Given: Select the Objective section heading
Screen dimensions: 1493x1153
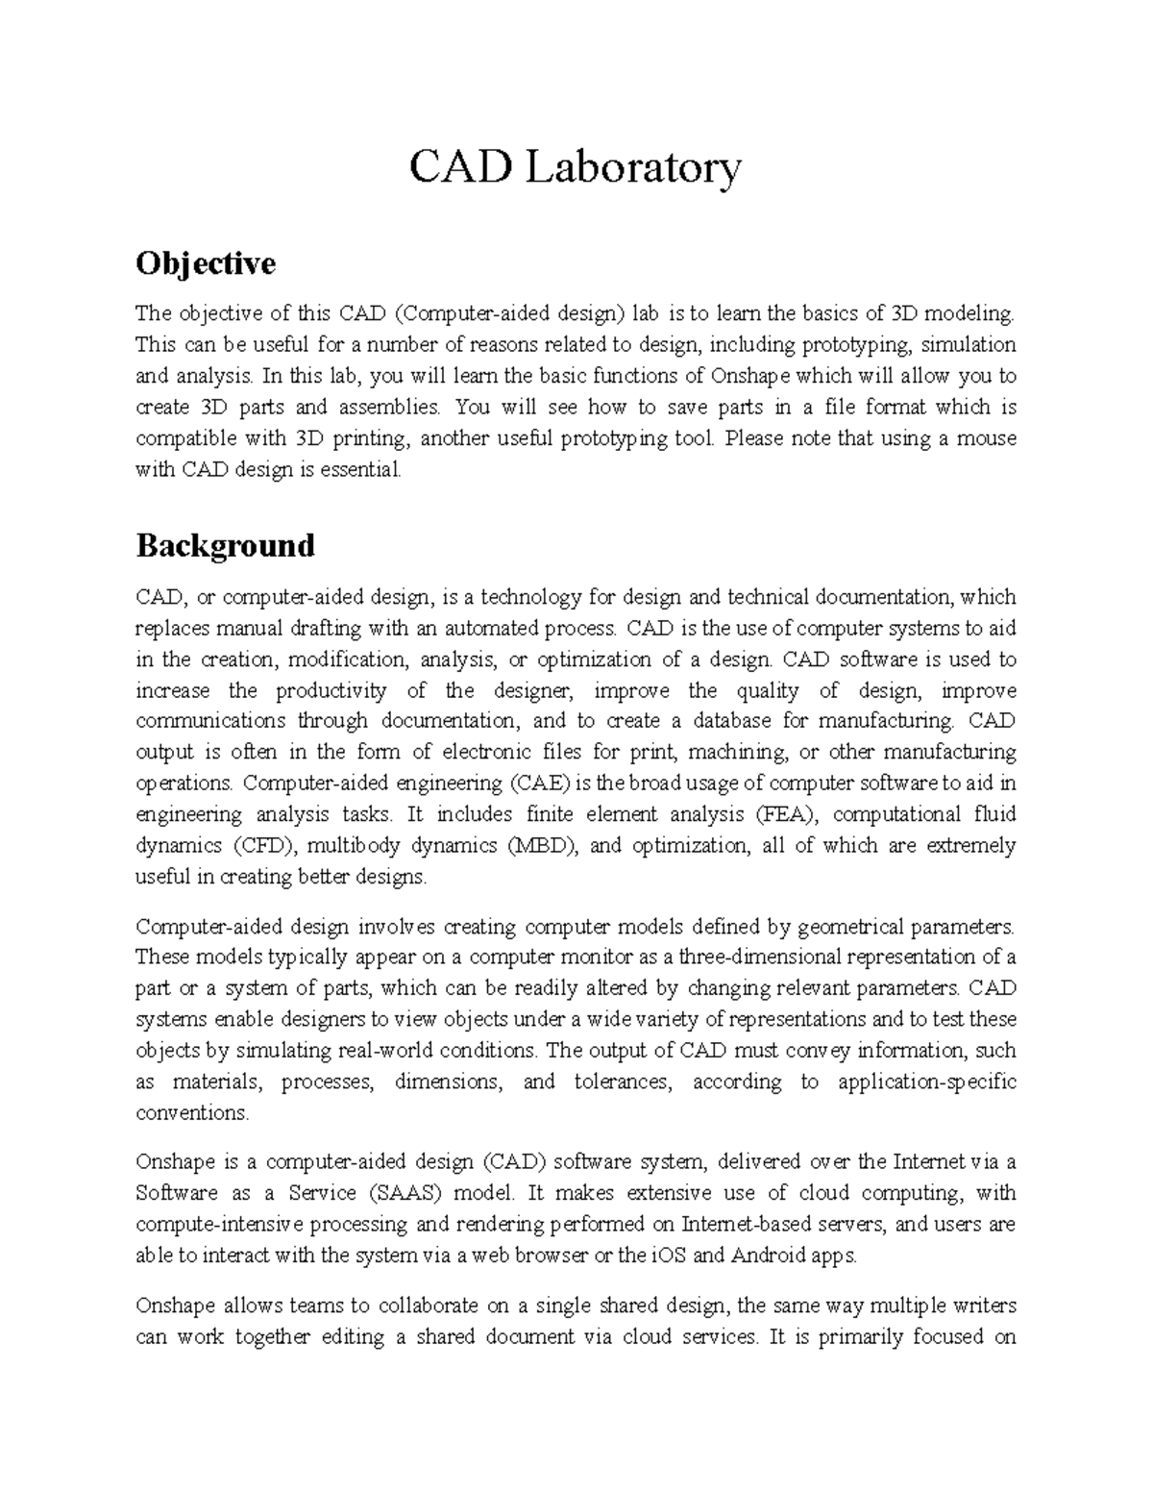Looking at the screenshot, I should tap(206, 262).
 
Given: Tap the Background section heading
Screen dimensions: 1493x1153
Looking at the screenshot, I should tap(225, 545).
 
